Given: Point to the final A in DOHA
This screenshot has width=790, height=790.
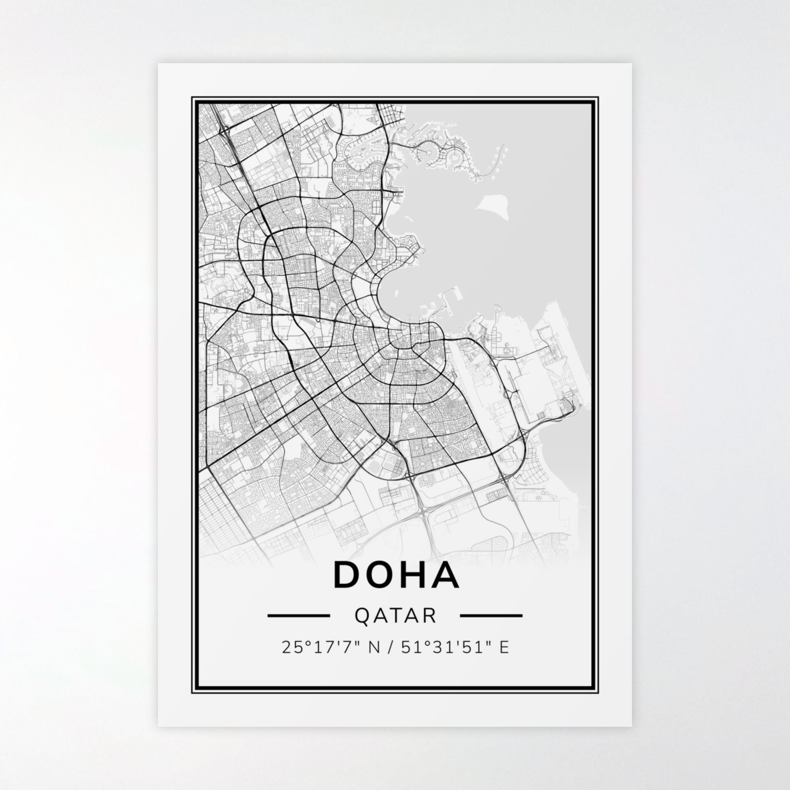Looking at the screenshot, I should [x=446, y=574].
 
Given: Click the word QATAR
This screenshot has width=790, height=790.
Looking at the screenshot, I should [x=395, y=627].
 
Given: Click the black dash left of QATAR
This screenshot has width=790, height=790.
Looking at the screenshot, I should [x=299, y=626].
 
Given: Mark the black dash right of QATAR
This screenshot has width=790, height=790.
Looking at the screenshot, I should [x=491, y=626].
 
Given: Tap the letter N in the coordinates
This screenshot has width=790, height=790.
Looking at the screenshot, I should [x=374, y=659].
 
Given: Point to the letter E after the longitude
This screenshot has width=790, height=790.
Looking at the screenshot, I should [x=504, y=659].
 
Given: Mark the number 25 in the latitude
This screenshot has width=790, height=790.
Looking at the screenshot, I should [x=288, y=659].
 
